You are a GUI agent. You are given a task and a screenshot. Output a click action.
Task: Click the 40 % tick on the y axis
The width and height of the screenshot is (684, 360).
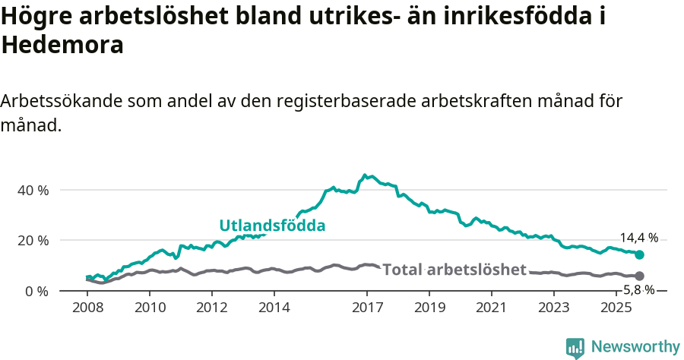33,190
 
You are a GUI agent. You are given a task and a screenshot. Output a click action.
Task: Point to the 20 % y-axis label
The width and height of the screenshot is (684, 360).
33,240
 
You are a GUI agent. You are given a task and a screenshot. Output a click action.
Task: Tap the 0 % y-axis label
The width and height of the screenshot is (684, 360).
36,291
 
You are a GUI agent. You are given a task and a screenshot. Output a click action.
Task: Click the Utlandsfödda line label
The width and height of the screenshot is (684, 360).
272,226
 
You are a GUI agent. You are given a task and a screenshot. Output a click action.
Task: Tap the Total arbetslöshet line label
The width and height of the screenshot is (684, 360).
454,270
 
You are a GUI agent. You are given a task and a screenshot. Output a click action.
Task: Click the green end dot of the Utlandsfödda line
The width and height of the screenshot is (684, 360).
639,255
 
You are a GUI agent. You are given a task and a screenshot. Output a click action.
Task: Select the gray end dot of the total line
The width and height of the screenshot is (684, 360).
639,276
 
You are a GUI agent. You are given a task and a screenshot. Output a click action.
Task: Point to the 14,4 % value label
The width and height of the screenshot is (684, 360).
638,237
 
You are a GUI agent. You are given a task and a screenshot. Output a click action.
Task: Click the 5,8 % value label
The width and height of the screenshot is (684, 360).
638,289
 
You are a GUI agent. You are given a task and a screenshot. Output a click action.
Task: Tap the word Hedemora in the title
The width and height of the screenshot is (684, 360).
62,45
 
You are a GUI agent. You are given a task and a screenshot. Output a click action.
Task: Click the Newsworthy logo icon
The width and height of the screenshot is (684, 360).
575,348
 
